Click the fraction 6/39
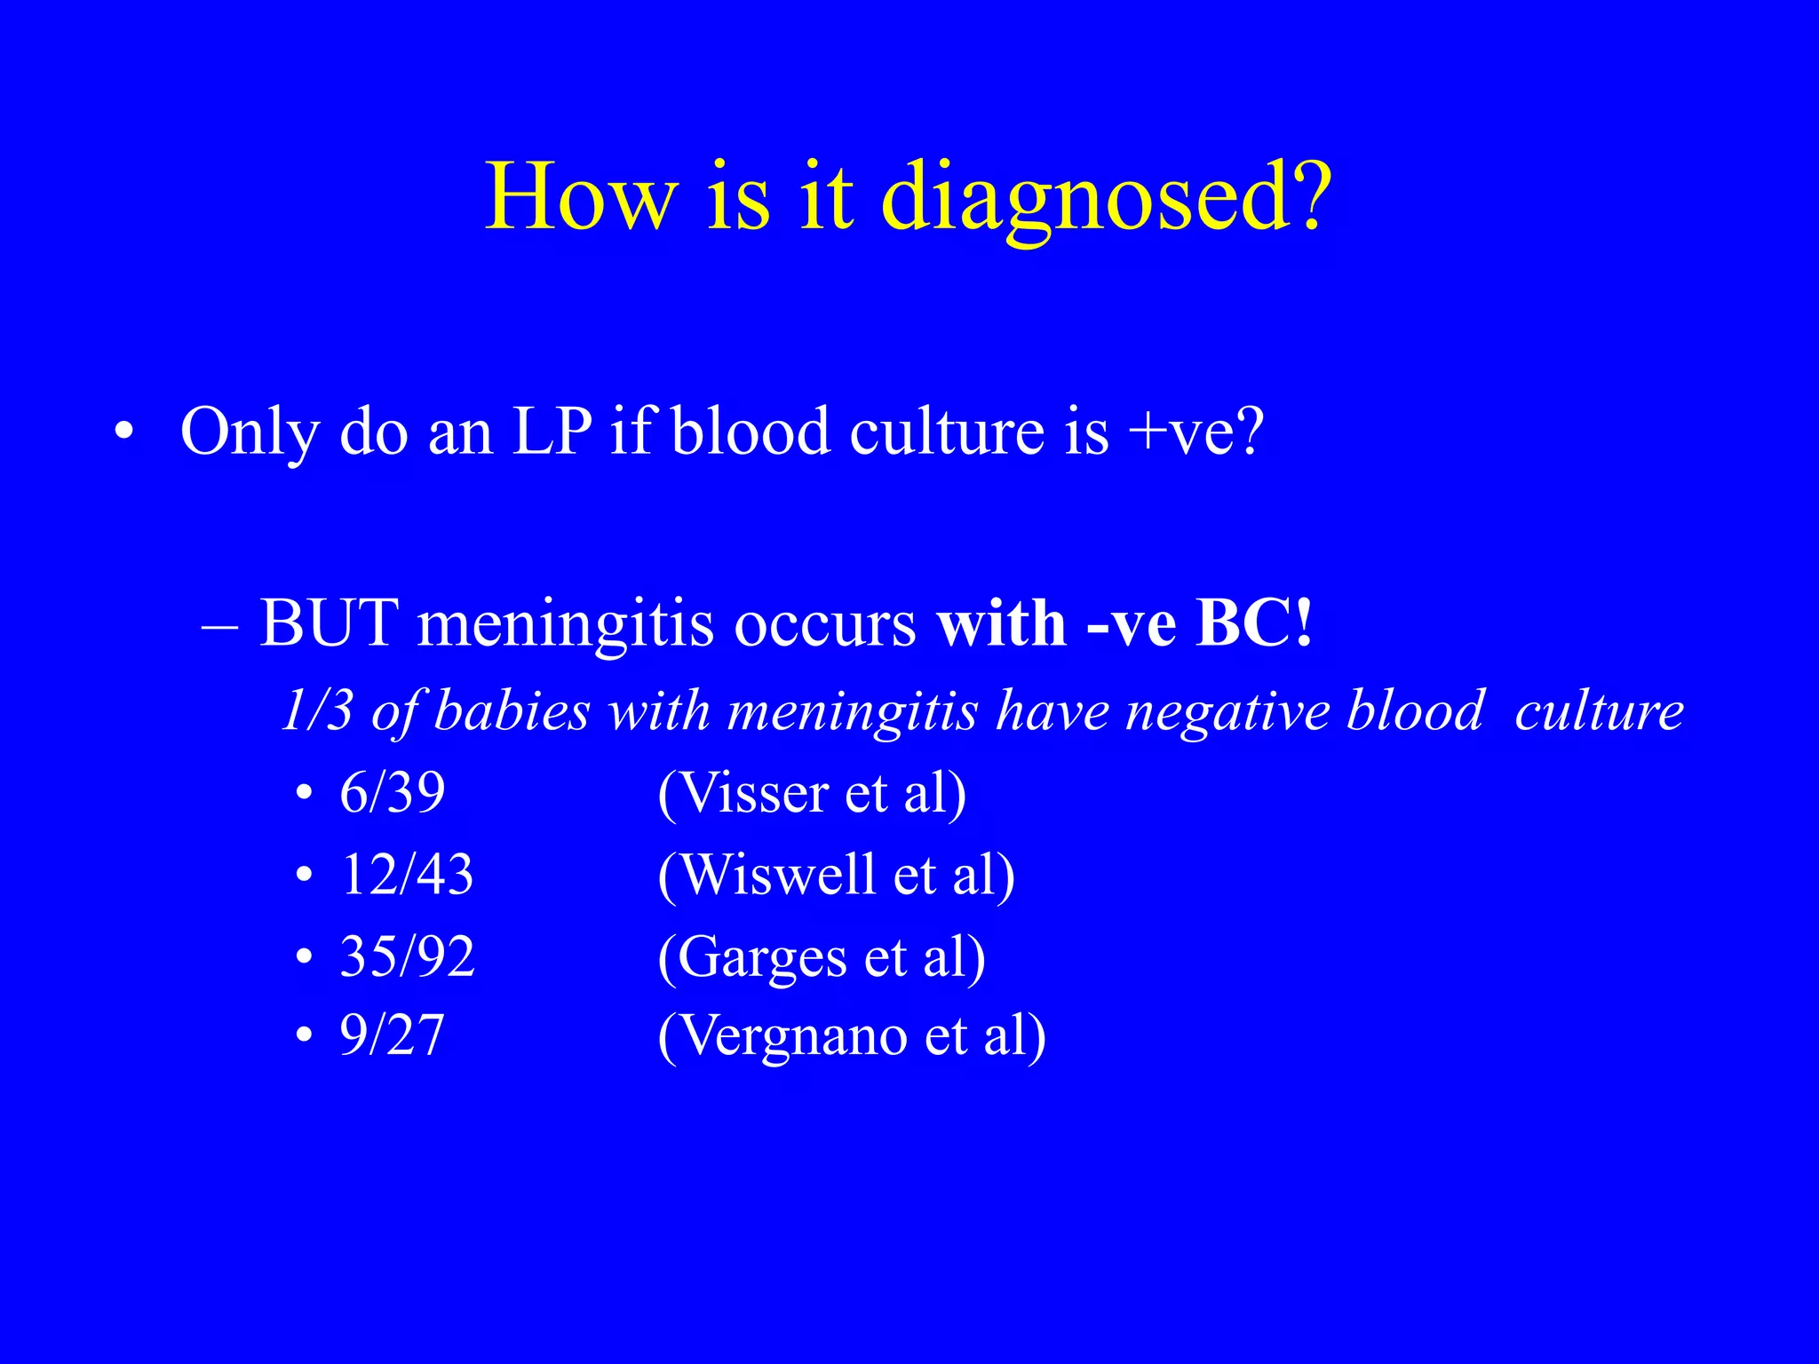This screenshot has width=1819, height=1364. (x=392, y=792)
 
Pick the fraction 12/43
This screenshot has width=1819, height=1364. (x=407, y=874)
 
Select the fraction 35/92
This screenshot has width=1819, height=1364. (x=407, y=956)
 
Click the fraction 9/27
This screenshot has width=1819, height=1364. (x=392, y=1035)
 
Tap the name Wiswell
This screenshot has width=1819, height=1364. (x=778, y=874)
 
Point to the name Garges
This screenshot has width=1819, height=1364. (x=762, y=958)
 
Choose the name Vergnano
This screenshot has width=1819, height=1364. (x=794, y=1036)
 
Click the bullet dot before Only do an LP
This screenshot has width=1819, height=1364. (x=123, y=433)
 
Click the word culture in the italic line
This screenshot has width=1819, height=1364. (x=1599, y=711)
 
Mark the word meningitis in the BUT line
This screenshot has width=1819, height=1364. (x=565, y=624)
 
